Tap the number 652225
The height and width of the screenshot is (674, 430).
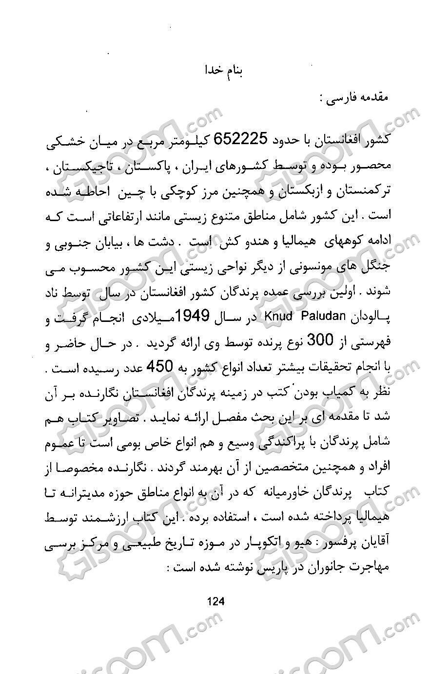tap(241, 139)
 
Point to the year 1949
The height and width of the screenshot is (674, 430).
tap(193, 317)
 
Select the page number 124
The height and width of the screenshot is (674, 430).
tap(215, 601)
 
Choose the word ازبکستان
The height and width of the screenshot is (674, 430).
tap(288, 190)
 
